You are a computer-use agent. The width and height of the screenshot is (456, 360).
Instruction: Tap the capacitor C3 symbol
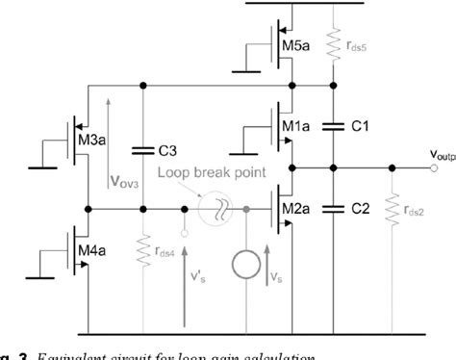point(142,149)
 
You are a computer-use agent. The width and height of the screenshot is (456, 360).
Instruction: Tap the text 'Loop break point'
point(207,176)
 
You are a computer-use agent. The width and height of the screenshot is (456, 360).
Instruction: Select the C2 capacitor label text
point(360,207)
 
